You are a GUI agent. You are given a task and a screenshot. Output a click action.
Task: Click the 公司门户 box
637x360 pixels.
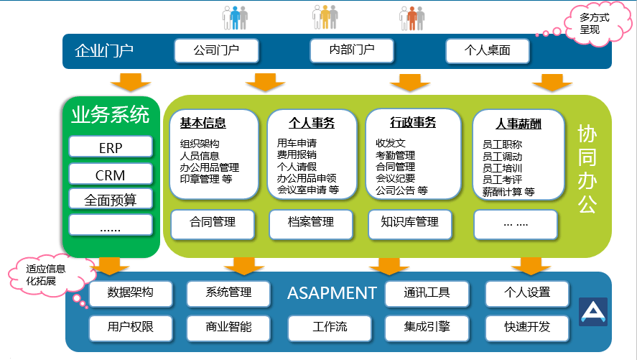[x=217, y=50]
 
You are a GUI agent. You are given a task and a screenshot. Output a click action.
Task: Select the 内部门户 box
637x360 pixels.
[x=352, y=50]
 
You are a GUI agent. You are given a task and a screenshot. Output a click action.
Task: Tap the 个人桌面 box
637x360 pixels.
[x=488, y=51]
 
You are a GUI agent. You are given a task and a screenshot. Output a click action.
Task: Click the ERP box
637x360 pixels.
[x=111, y=147]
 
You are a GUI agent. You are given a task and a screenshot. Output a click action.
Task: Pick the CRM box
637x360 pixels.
[x=111, y=175]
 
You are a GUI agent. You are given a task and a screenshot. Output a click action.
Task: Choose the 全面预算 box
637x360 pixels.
[x=111, y=199]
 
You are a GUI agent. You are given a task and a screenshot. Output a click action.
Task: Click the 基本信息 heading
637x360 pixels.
[x=203, y=123]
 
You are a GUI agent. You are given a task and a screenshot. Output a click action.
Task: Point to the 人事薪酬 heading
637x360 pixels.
[x=519, y=124]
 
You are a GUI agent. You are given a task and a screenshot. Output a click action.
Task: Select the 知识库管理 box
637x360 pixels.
[x=410, y=224]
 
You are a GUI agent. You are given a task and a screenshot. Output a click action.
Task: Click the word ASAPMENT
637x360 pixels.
[x=332, y=293]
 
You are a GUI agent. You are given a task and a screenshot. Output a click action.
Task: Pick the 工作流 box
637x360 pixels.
[x=330, y=328]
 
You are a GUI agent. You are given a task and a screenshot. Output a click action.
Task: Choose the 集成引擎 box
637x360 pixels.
[x=427, y=328]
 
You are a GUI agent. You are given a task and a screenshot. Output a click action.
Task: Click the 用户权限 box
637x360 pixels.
[x=131, y=328]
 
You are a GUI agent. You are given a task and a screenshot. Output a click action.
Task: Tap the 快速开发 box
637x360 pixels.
[x=527, y=328]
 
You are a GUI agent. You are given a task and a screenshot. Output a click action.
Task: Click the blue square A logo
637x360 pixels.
[x=593, y=312]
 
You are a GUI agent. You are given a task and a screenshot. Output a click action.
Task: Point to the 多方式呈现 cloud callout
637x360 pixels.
[x=594, y=24]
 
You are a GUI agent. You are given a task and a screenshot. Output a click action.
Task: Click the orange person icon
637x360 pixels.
[x=412, y=19]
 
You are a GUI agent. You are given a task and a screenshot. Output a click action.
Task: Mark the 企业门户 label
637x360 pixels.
[x=104, y=51]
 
